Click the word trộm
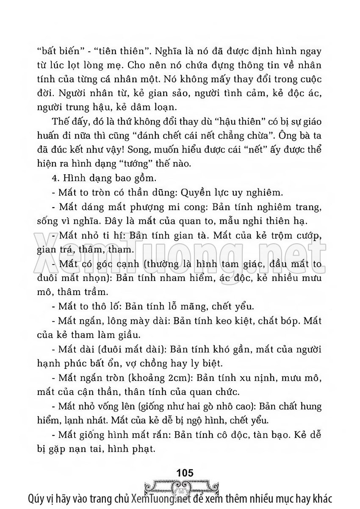pyautogui.click(x=276, y=236)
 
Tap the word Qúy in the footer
pyautogui.click(x=35, y=498)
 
